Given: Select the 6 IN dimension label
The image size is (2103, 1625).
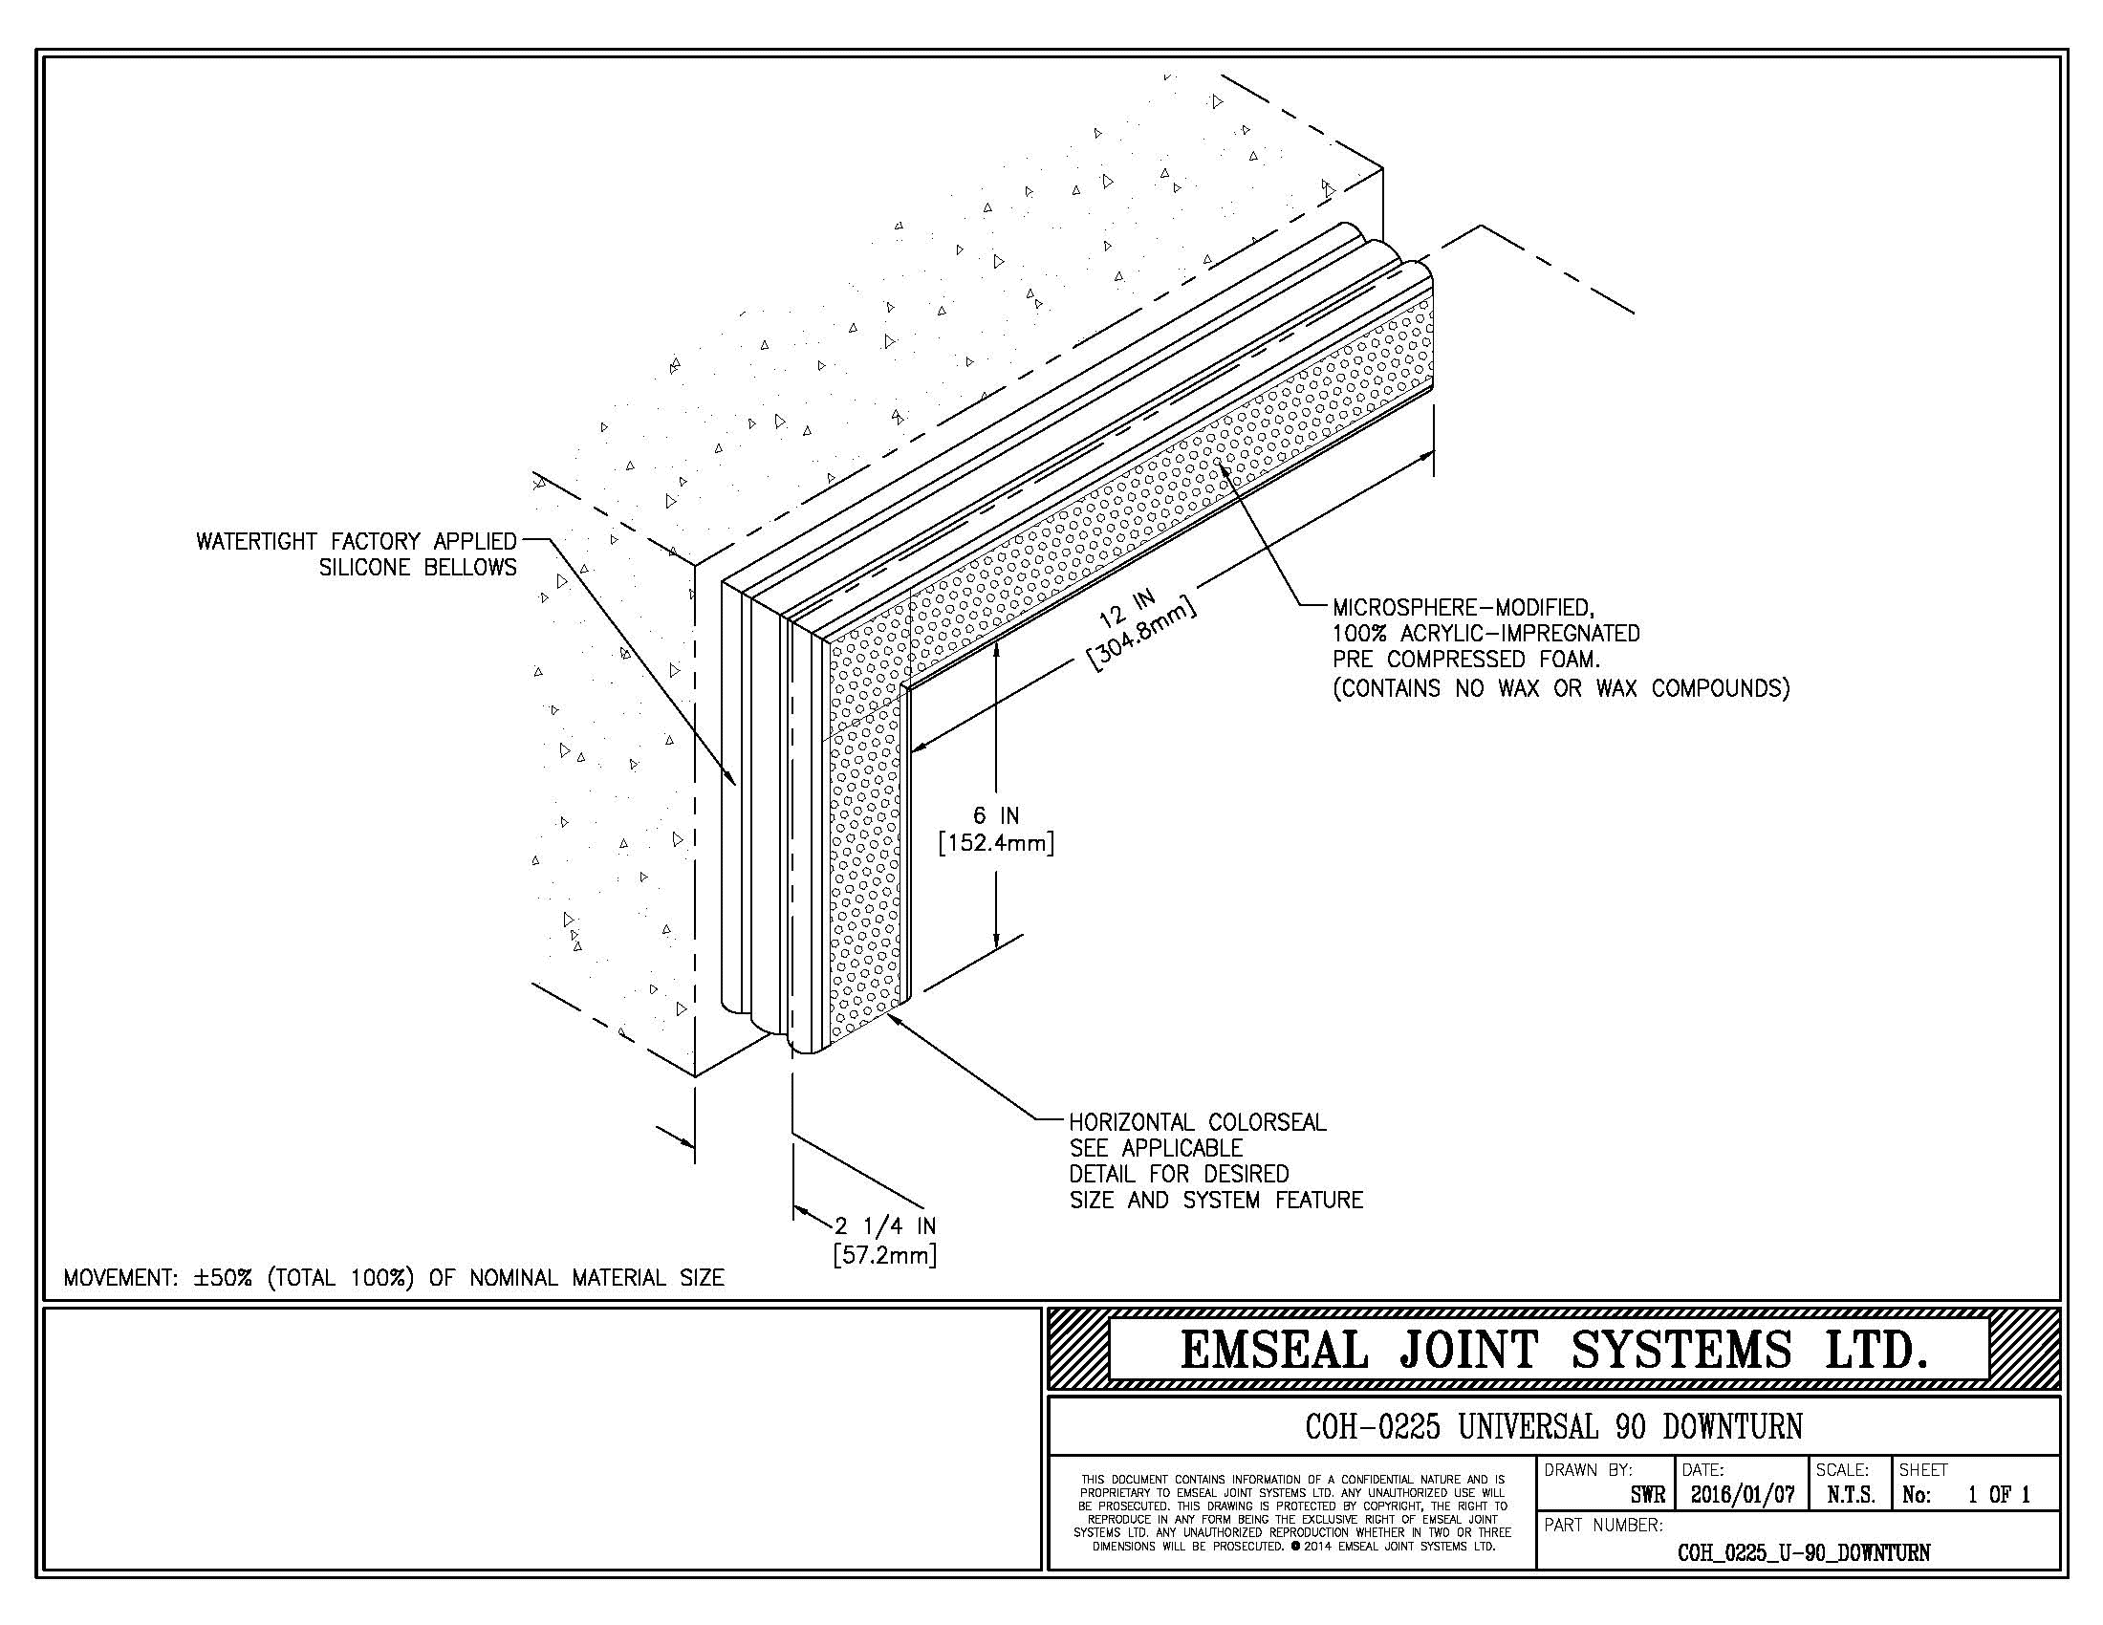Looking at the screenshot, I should tap(996, 816).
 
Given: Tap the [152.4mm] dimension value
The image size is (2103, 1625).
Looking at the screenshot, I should tap(996, 843).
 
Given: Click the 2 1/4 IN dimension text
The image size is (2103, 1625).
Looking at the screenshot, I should tap(885, 1226).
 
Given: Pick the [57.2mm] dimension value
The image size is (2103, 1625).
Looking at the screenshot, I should tap(885, 1255).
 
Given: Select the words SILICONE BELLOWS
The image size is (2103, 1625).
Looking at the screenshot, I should tap(418, 568).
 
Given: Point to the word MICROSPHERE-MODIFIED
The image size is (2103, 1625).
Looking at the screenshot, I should tap(1463, 607).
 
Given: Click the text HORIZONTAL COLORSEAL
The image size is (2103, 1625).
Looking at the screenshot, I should tap(1198, 1122).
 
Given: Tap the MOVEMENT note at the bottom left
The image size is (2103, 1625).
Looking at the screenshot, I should tap(394, 1278).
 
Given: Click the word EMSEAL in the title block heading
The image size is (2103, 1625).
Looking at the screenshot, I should tap(1274, 1349).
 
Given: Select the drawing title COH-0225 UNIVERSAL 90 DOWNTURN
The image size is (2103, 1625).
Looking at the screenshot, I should tap(1553, 1427).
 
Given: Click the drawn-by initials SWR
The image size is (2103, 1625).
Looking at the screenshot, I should tap(1648, 1495).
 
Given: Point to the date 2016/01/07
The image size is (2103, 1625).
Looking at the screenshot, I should tap(1743, 1495).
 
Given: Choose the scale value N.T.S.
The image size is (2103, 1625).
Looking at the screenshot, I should tap(1851, 1495).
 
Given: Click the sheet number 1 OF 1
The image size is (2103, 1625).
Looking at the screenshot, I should tap(1999, 1495).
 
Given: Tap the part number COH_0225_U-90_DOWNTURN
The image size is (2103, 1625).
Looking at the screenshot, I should tap(1804, 1552).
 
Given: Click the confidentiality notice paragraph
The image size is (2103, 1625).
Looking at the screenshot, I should tap(1292, 1513).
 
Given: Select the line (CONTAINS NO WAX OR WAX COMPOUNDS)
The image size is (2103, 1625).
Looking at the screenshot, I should tap(1561, 688).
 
